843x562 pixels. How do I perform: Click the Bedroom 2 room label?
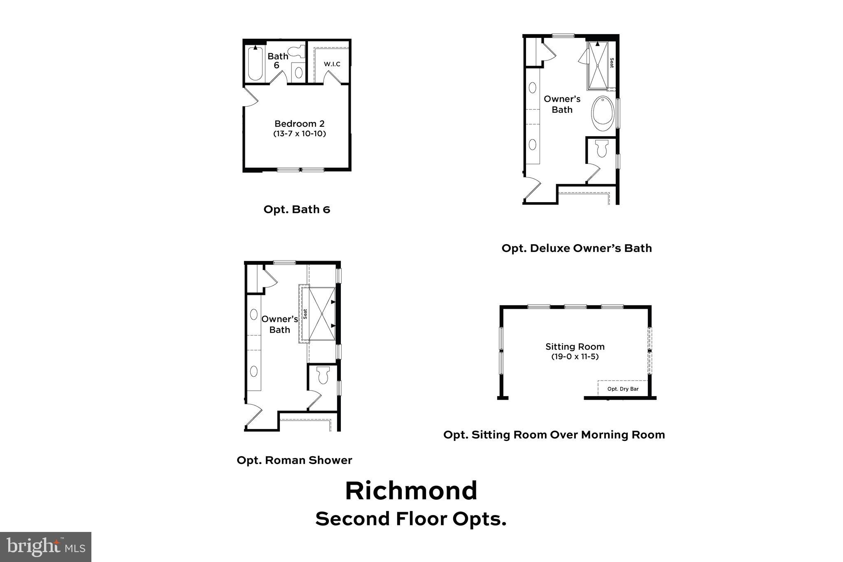[299, 124]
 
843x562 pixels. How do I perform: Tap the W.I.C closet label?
[332, 64]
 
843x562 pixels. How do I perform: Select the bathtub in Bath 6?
[255, 64]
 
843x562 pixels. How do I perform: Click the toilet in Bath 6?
[296, 51]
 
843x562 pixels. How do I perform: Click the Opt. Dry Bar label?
[623, 389]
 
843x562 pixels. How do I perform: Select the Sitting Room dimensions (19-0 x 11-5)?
[575, 357]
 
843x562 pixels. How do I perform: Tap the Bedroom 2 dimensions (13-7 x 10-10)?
[299, 134]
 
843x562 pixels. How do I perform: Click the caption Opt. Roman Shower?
[294, 460]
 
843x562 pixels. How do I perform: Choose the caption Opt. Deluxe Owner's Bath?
[576, 248]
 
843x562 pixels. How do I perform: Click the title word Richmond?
[411, 491]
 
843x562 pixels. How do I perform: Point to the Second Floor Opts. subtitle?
[411, 519]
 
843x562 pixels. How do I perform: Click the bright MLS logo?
[46, 547]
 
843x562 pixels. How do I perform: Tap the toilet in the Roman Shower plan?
[323, 375]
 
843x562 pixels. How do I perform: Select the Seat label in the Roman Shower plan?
[305, 314]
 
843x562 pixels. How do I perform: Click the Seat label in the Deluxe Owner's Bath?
[612, 63]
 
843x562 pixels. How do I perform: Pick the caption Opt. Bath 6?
[297, 209]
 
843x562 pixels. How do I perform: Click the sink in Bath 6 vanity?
[298, 72]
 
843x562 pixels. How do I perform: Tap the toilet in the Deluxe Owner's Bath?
[602, 148]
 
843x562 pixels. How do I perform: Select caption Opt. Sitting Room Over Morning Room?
[554, 435]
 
